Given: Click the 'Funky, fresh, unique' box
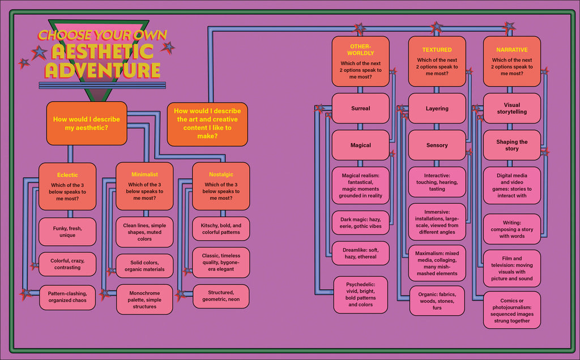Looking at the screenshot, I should pyautogui.click(x=67, y=232).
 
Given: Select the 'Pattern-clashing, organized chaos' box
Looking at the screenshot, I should pyautogui.click(x=67, y=297).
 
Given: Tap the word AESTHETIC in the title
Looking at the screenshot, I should pyautogui.click(x=103, y=52).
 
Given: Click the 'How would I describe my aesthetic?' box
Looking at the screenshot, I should pyautogui.click(x=86, y=123).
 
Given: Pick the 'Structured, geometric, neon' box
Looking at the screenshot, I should pyautogui.click(x=221, y=296).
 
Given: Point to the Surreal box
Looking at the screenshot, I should pyautogui.click(x=360, y=108).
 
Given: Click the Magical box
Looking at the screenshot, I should pyautogui.click(x=360, y=145).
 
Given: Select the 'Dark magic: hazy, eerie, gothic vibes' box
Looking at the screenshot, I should pyautogui.click(x=360, y=222).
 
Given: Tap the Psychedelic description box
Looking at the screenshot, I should pyautogui.click(x=360, y=294).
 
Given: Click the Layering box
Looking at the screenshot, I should pyautogui.click(x=437, y=108).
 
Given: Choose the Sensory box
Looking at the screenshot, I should pyautogui.click(x=437, y=145).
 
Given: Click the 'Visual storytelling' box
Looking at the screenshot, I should pyautogui.click(x=511, y=108).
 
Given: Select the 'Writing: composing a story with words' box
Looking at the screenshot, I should pyautogui.click(x=511, y=229).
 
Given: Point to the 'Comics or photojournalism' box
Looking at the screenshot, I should pyautogui.click(x=511, y=310).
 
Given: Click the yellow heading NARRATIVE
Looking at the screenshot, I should pyautogui.click(x=511, y=50).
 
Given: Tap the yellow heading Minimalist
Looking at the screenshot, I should pyautogui.click(x=144, y=175).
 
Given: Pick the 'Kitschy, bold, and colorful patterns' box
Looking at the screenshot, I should pyautogui.click(x=221, y=229).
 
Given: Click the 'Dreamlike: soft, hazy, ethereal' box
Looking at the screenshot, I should pyautogui.click(x=360, y=253).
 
